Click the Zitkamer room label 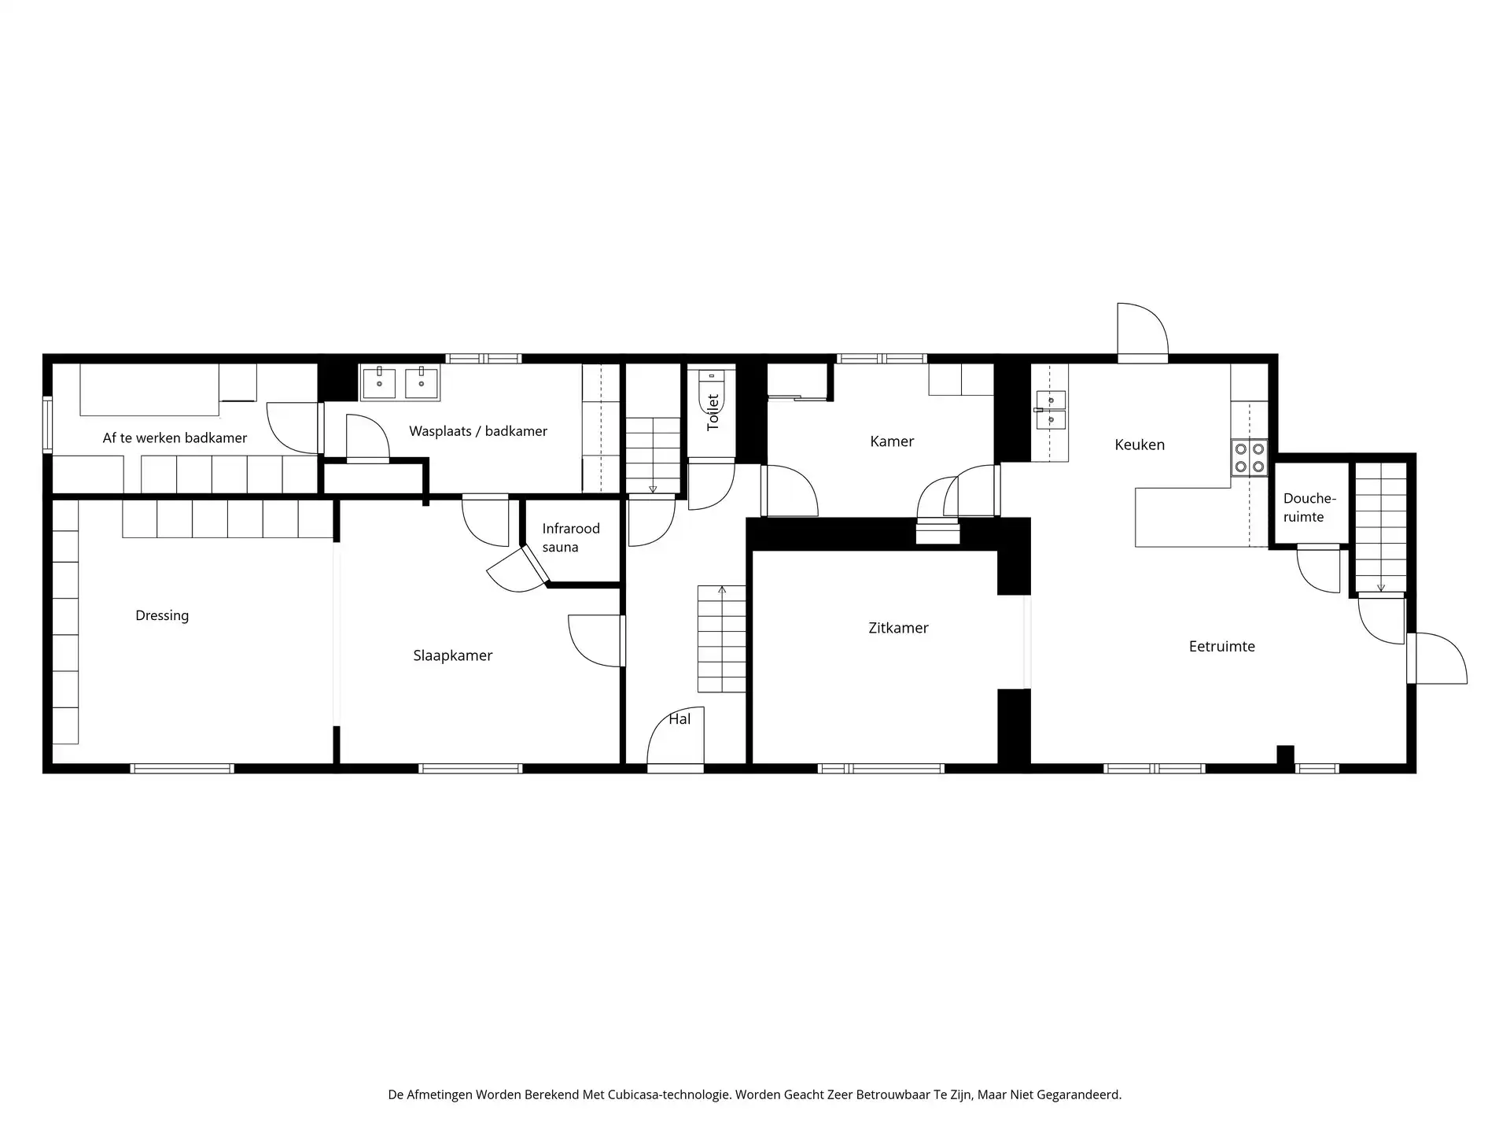(898, 628)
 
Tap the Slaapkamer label (453, 655)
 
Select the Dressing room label (162, 616)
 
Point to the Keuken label (1140, 445)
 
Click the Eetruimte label (1221, 647)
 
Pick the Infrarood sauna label (571, 538)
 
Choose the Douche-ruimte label (1309, 507)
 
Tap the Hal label (679, 719)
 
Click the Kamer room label (892, 441)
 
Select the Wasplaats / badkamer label (478, 431)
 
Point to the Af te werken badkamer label (175, 438)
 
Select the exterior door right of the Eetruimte (1438, 659)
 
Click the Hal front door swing (675, 736)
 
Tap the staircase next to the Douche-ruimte (1381, 526)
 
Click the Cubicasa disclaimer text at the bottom (755, 1094)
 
